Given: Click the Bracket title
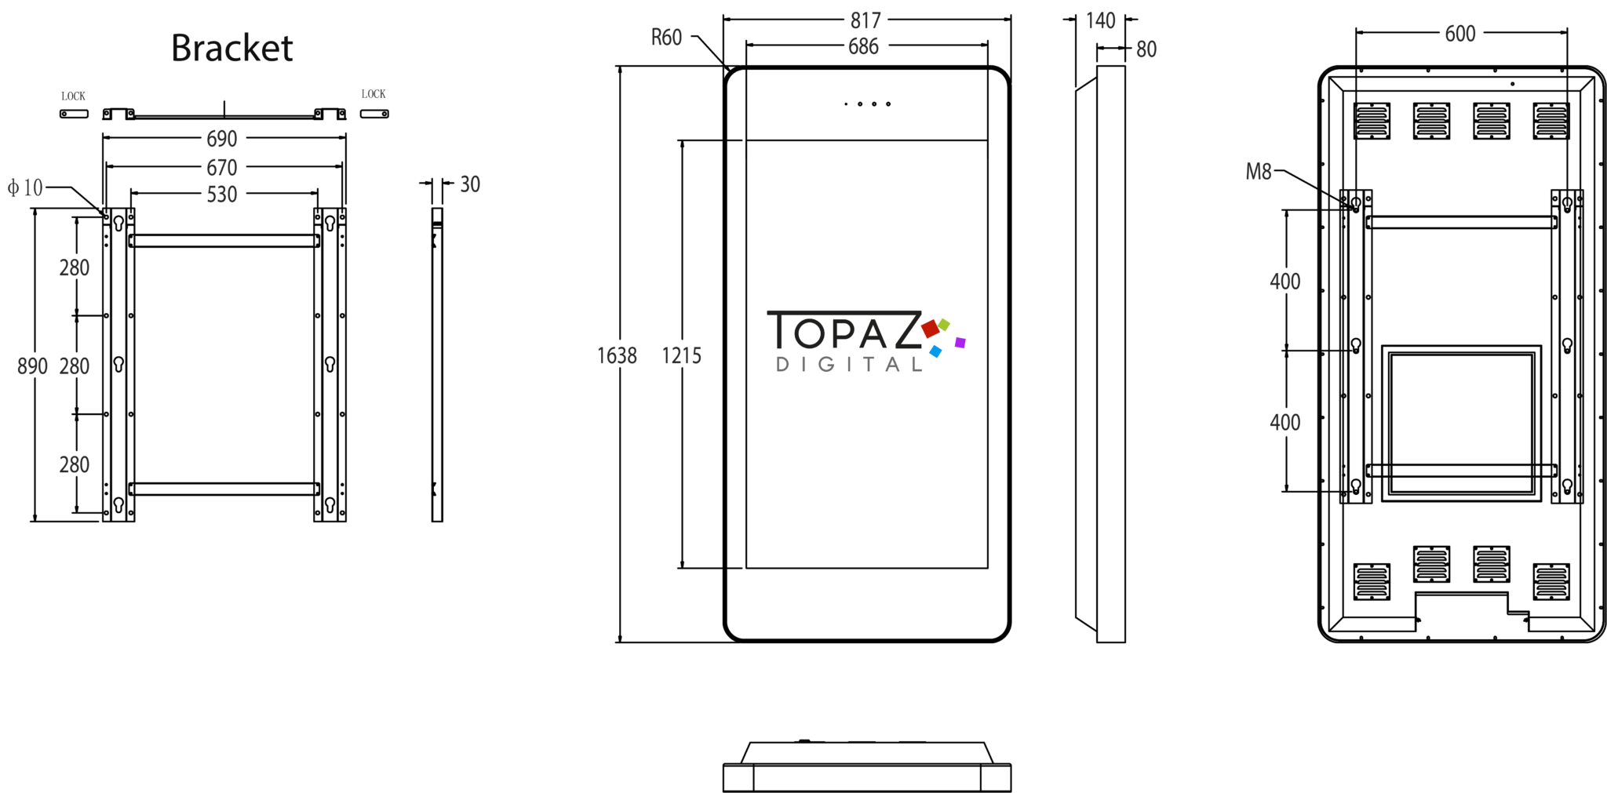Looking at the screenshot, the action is [x=231, y=49].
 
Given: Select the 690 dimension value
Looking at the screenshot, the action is [x=221, y=139].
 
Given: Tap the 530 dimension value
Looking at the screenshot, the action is [x=221, y=195].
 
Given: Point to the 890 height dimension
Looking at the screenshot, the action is [x=32, y=366].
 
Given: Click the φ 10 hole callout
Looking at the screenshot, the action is [x=25, y=187].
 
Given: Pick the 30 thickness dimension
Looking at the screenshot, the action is [x=470, y=184].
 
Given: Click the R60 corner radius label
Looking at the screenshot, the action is [x=666, y=38].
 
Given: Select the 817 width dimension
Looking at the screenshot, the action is [x=865, y=20].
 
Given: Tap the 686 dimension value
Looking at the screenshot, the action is [x=863, y=46].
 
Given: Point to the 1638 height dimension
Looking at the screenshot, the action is [x=617, y=356].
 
